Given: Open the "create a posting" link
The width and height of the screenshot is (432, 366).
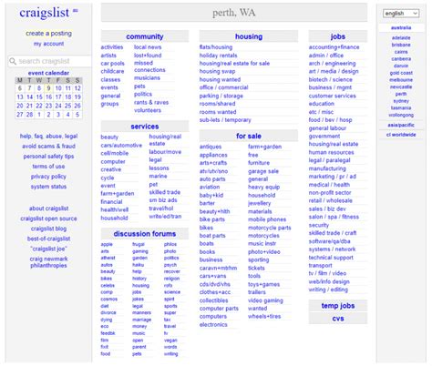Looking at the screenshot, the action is pos(48,33).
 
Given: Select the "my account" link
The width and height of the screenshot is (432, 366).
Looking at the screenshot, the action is pos(48,43).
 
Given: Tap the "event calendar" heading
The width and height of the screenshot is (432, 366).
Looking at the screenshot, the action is pos(48,72).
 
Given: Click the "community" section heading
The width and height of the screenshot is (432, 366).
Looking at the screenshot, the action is pos(144,36).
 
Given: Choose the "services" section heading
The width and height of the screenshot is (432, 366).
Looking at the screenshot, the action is pos(144,127).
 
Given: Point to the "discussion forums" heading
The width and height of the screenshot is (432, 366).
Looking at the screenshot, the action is pos(144,233).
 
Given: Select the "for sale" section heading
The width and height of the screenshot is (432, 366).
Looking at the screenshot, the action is pos(248,136).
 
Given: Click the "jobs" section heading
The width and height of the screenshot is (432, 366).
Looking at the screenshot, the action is pos(337,36).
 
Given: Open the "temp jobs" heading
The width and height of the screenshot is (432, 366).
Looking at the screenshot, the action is pos(337,305).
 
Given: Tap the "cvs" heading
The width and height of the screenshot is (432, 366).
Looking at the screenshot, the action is pos(337,319).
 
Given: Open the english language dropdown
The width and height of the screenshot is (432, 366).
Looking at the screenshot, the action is pos(400,14).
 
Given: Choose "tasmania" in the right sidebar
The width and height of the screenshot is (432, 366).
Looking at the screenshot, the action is pos(400,107).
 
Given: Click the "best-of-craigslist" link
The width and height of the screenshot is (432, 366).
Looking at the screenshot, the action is pos(48,238).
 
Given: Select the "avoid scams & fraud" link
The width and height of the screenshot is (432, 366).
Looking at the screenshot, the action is pos(48,146).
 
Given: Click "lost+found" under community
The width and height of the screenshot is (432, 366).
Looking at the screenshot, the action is pos(148,55).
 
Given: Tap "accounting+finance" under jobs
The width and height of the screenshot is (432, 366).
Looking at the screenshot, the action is pos(333,46).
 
